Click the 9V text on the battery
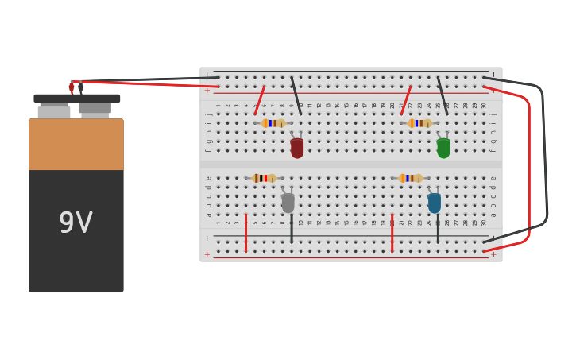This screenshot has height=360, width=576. (75, 223)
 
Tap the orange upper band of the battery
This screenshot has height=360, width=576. (75, 145)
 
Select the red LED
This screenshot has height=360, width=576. (297, 148)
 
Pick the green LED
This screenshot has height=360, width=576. (443, 148)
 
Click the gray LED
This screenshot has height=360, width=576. (288, 203)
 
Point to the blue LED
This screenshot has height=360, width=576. (434, 203)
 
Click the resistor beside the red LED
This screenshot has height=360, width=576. (273, 123)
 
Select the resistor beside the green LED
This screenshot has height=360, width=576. (419, 123)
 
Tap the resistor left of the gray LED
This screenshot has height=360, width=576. (264, 178)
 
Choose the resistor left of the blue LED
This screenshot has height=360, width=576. (410, 178)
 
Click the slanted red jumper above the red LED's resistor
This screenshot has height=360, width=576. (259, 100)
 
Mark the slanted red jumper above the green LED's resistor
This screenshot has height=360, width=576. (406, 100)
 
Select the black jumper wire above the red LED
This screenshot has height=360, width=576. (296, 95)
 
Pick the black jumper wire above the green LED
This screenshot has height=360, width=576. (443, 95)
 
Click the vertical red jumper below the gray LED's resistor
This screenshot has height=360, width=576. (245, 233)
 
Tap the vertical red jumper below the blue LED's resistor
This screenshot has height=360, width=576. (392, 233)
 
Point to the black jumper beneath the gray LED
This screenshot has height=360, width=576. (292, 229)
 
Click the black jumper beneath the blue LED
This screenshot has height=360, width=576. (438, 229)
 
